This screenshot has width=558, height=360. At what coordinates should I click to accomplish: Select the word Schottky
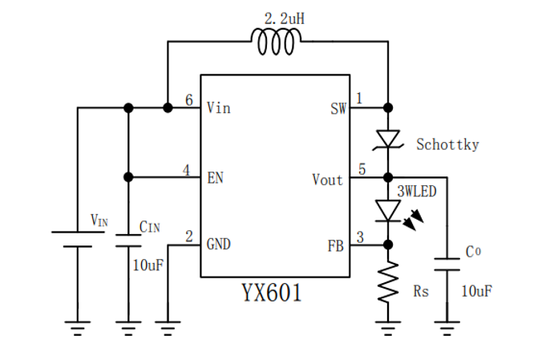click(x=447, y=144)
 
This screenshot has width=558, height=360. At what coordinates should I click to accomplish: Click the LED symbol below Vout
click(x=388, y=210)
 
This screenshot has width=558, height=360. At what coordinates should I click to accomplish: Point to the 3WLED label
click(x=418, y=193)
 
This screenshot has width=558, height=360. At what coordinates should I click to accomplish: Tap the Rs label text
click(x=421, y=292)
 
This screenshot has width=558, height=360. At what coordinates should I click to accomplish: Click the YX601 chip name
click(x=272, y=293)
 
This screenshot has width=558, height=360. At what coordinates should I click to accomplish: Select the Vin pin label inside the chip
click(x=218, y=107)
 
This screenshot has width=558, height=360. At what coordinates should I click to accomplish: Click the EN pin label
click(x=215, y=177)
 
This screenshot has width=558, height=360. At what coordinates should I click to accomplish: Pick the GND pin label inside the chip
click(x=219, y=244)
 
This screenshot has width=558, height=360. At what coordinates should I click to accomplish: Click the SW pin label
click(x=338, y=107)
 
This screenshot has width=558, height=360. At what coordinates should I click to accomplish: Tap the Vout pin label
click(x=328, y=180)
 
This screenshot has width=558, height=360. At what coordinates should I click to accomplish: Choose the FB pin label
click(x=335, y=245)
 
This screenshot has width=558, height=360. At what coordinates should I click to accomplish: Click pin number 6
click(x=188, y=100)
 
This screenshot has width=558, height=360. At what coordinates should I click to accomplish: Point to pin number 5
click(x=362, y=170)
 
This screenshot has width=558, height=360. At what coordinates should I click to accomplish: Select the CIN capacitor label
click(x=149, y=228)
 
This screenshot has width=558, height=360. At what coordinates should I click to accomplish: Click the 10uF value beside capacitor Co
click(x=476, y=290)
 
